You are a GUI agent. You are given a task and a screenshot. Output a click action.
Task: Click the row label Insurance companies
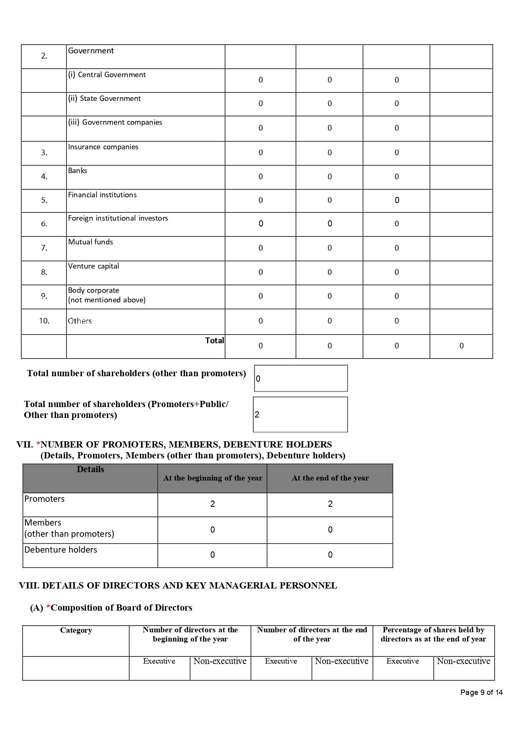103,147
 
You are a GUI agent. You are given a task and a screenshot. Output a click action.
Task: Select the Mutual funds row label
91,242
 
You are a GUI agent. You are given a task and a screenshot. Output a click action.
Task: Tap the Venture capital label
93,266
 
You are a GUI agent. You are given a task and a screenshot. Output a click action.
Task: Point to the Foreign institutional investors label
118,218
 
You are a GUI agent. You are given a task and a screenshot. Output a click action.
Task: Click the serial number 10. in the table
44,321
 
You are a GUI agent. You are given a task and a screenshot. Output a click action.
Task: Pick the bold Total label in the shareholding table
215,340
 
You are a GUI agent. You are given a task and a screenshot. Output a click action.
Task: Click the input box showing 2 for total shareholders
300,414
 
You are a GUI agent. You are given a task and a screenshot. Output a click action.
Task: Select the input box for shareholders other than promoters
301,378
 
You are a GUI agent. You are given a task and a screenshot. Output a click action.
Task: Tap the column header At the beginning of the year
212,478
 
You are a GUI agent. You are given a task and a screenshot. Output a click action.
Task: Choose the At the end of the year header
330,478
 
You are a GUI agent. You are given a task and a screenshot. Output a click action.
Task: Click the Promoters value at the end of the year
330,504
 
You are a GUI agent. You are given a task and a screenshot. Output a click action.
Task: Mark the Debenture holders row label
61,550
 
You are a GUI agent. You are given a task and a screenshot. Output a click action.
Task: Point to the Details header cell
90,469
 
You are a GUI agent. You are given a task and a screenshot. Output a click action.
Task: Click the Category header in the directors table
76,630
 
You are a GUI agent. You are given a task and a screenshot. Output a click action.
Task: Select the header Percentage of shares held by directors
433,634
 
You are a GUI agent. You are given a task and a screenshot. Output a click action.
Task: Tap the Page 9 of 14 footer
481,692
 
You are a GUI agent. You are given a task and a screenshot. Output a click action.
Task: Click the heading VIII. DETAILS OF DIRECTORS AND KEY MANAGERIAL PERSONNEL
178,586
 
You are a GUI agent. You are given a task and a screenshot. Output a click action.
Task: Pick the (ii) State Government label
104,98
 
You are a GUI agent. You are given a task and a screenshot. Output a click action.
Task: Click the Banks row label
78,171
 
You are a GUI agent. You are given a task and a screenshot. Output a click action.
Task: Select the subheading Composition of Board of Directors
121,608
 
